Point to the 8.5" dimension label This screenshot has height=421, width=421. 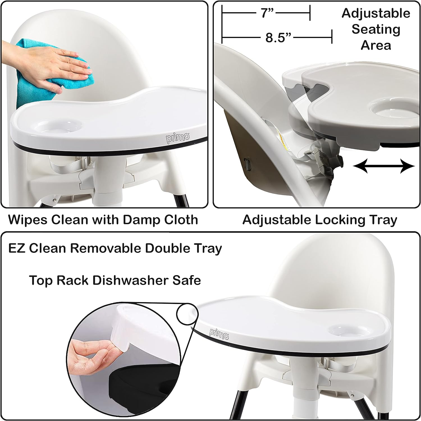click(x=278, y=37)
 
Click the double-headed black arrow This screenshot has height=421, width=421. click(x=384, y=166)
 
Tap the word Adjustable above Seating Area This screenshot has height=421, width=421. click(x=376, y=13)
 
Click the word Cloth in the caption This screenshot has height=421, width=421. click(x=181, y=219)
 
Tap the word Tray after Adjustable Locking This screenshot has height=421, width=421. click(x=383, y=220)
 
